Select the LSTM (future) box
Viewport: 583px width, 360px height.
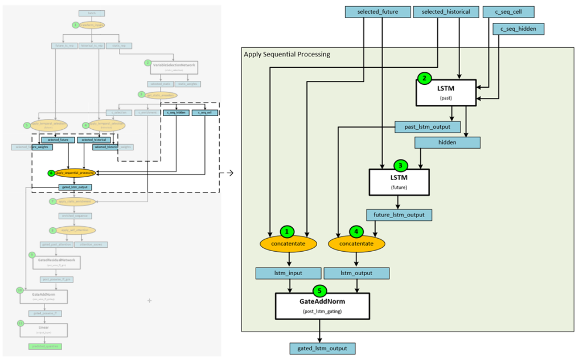point(398,182)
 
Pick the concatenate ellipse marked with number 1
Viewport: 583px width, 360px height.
point(288,243)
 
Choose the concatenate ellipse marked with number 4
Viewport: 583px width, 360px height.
point(356,243)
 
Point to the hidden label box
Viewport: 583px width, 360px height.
point(447,142)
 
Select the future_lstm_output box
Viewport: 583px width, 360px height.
point(399,215)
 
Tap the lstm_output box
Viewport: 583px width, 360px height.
point(357,273)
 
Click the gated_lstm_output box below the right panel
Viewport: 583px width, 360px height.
point(322,348)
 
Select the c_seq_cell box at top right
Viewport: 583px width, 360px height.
point(508,11)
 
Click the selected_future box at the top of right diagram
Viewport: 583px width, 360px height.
point(378,11)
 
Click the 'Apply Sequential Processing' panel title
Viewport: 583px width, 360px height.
point(287,54)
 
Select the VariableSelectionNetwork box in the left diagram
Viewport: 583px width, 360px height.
point(174,67)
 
